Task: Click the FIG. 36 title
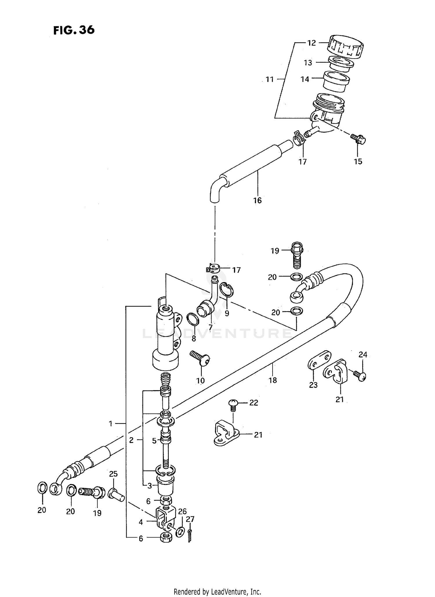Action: [74, 30]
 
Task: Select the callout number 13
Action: [308, 63]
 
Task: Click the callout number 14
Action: [305, 79]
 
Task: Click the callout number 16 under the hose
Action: [257, 200]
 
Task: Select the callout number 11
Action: [270, 79]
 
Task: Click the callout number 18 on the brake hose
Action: [273, 380]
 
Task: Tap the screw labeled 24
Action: [360, 375]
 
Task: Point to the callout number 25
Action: [113, 474]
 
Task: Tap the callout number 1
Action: [110, 424]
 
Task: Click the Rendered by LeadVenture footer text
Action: [217, 591]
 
